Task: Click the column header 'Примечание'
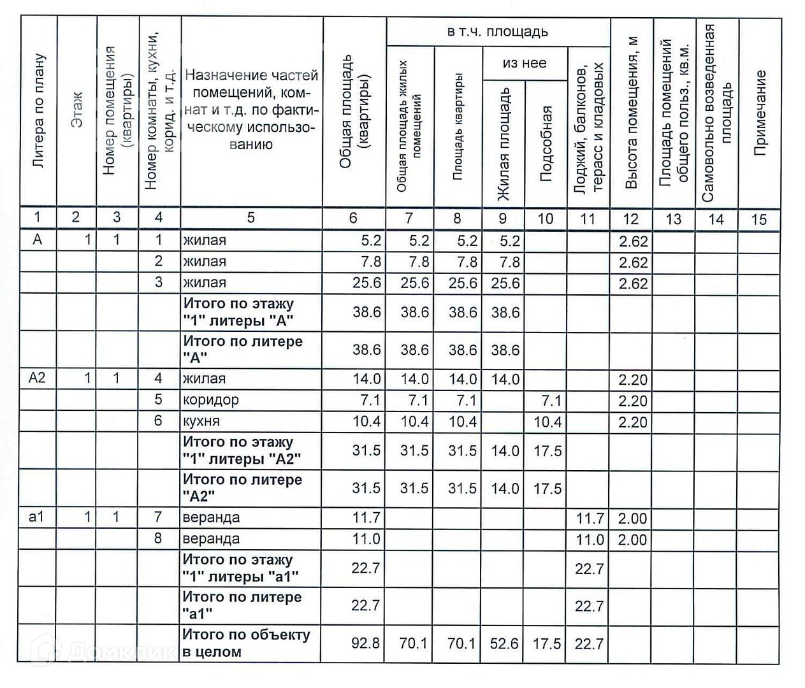[759, 113]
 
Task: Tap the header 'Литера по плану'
[38, 112]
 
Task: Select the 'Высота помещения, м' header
[631, 113]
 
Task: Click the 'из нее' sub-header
[525, 63]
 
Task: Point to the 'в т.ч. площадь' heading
[497, 32]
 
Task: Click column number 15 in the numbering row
[758, 219]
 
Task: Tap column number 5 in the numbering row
[250, 218]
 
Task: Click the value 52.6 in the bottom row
[504, 644]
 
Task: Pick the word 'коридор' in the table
[211, 400]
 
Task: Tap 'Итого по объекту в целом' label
[246, 643]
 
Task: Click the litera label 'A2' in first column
[38, 378]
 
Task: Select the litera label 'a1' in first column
[37, 517]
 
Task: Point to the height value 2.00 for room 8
[632, 540]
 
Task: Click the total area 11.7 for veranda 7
[366, 518]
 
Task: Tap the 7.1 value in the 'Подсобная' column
[550, 401]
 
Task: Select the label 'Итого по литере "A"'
[243, 349]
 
